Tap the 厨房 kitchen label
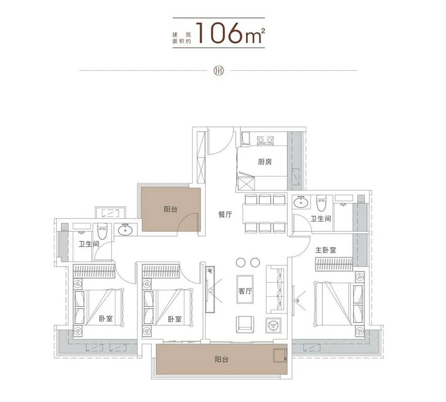point(264,162)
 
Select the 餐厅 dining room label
point(225,214)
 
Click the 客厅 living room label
point(245,291)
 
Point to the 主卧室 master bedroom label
point(326,250)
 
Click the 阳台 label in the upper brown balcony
point(170,209)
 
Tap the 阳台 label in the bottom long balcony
point(221,359)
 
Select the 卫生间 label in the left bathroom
point(89,244)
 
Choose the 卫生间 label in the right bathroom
point(321,219)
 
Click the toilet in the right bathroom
point(321,202)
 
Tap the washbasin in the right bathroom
point(301,202)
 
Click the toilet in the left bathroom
point(102,231)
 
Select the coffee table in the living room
point(245,289)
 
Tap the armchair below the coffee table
point(244,324)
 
